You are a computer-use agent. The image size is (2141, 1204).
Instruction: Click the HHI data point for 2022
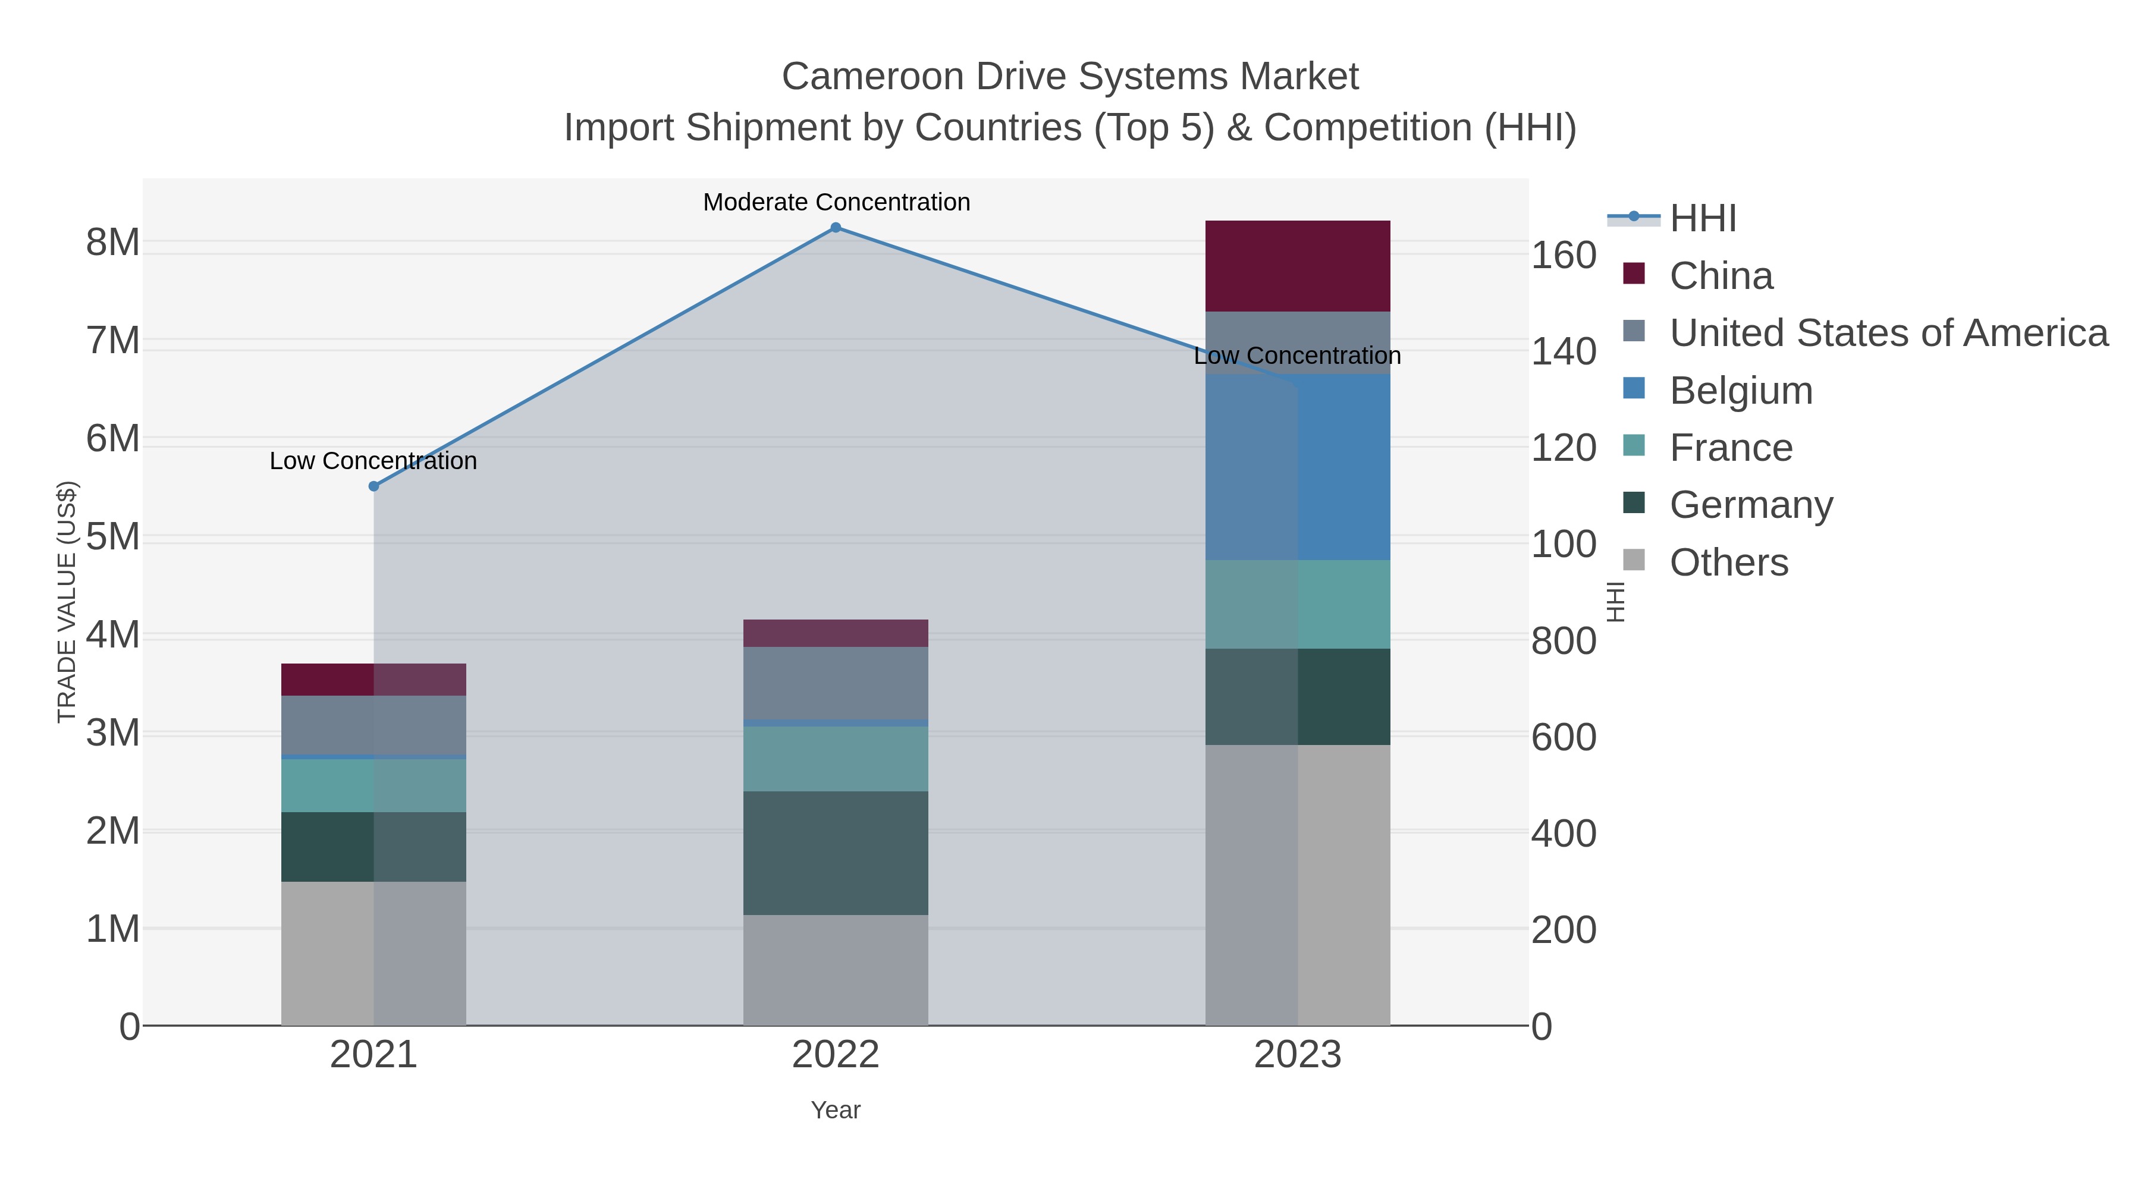tap(836, 228)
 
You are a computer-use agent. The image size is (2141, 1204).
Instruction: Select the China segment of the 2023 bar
tap(1298, 266)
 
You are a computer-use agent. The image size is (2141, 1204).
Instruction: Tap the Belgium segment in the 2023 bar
tap(1298, 467)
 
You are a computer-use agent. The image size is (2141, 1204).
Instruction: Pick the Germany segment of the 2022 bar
tap(836, 853)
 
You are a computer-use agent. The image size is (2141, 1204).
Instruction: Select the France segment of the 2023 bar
tap(1298, 604)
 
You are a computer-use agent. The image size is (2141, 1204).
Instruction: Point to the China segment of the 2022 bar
tap(836, 633)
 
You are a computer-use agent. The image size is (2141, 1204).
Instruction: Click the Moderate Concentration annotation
tap(836, 202)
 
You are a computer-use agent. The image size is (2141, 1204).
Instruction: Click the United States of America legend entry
tap(1888, 332)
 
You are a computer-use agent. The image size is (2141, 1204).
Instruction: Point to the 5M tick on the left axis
tap(113, 537)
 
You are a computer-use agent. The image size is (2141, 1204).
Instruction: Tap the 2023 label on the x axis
tap(1298, 1055)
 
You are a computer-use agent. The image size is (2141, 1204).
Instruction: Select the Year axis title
tap(836, 1110)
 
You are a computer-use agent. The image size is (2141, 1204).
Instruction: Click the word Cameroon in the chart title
tap(872, 77)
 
